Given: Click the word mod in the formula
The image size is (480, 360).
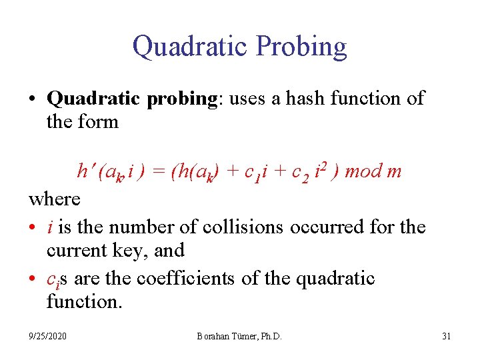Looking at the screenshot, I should [x=364, y=171].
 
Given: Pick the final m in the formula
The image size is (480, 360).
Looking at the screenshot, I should [x=394, y=172].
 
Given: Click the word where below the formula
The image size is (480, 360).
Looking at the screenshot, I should [x=55, y=199].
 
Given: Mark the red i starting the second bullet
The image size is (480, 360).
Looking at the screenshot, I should [x=51, y=227].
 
